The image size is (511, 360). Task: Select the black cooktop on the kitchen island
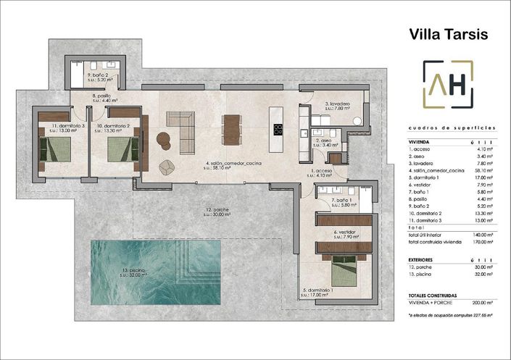pyautogui.click(x=278, y=130)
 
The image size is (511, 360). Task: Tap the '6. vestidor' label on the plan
pyautogui.click(x=344, y=234)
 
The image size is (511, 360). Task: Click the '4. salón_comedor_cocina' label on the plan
pyautogui.click(x=233, y=164)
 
